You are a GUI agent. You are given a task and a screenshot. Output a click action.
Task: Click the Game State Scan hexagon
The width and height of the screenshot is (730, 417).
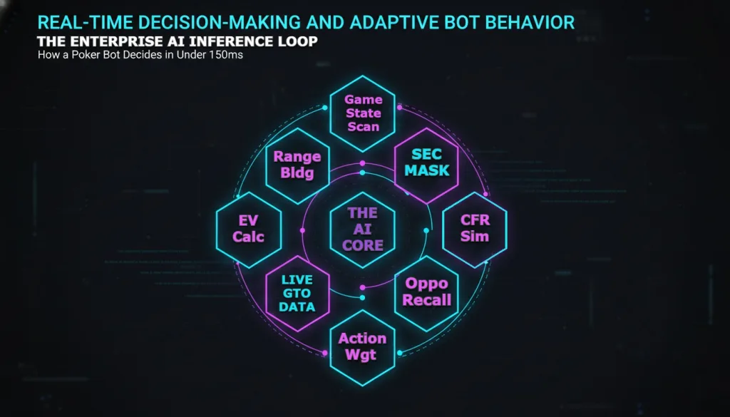(x=364, y=113)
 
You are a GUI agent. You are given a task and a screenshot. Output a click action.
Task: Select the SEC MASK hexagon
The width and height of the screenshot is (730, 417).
(x=426, y=163)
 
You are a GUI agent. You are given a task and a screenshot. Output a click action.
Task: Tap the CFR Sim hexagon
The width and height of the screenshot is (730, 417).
(x=475, y=228)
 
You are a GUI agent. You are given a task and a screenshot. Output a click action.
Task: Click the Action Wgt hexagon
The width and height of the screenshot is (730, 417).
(x=363, y=347)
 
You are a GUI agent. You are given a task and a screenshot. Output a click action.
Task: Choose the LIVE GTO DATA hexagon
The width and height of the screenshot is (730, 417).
(x=297, y=293)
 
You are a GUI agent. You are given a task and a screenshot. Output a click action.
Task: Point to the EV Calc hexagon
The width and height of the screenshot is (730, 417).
(x=248, y=228)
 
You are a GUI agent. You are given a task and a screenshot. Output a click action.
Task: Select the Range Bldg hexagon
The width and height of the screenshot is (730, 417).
(x=297, y=165)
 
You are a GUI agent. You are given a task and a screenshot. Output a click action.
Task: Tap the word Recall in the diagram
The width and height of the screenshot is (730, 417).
(x=426, y=299)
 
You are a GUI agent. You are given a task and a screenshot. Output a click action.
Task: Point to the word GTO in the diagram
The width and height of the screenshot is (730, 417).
(x=297, y=293)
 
